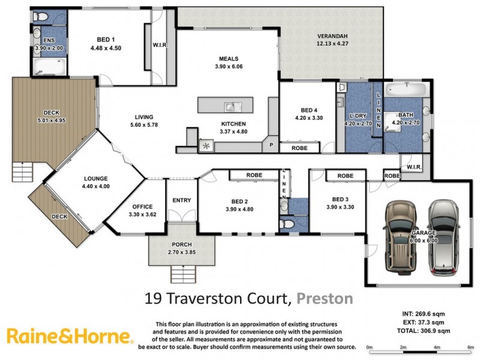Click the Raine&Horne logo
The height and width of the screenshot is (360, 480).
click(69, 336)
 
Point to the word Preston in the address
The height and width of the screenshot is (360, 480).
click(325, 298)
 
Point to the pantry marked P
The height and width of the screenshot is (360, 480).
click(271, 145)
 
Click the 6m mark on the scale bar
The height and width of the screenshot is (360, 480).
click(470, 347)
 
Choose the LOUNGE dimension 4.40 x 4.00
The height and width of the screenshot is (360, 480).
click(95, 186)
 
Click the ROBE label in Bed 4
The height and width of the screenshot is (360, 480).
click(300, 148)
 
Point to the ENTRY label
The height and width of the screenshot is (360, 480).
click(181, 200)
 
